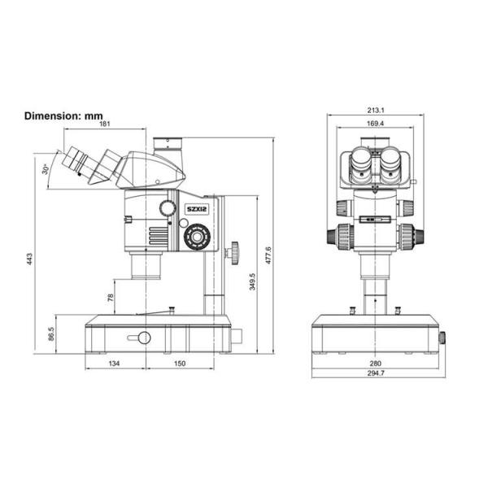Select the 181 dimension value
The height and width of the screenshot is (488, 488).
pos(106,124)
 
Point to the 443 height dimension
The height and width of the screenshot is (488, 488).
pos(30,259)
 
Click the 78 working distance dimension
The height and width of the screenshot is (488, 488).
pos(110,297)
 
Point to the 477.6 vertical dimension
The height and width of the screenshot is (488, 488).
pos(268,254)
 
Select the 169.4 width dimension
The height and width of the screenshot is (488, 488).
pos(375,124)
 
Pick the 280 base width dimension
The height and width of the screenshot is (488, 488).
pos(375,364)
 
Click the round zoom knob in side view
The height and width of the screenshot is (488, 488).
pos(196,237)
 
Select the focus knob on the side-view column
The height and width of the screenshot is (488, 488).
pos(235,252)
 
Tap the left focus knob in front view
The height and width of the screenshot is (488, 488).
pos(341,237)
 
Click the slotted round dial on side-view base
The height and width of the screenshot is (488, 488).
pos(143,338)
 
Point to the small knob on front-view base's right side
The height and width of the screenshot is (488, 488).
pos(443,337)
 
